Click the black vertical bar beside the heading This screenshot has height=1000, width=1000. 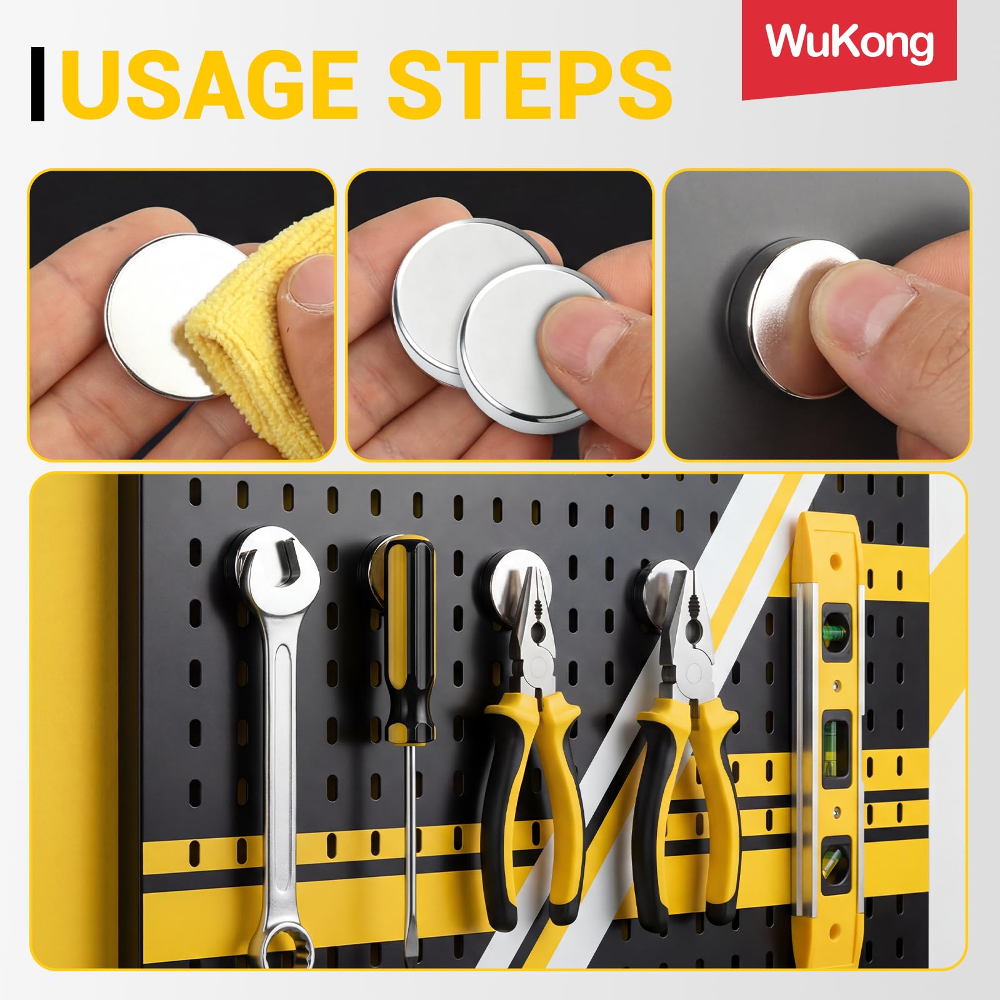(37, 84)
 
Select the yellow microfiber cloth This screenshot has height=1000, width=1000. (262, 325)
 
